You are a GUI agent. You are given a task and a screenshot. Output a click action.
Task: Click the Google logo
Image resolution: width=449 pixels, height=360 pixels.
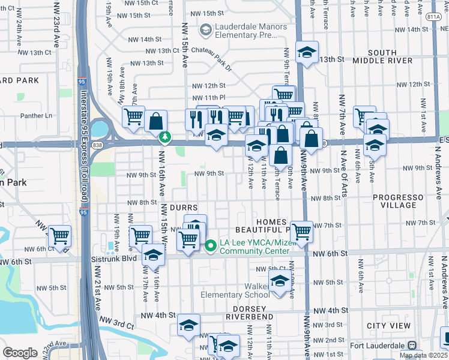click(x=20, y=353)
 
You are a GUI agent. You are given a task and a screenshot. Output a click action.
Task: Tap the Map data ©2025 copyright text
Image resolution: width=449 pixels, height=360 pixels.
click(x=423, y=355)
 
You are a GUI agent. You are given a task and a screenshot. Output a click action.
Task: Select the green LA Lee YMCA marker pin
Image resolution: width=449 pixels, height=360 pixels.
click(x=211, y=245)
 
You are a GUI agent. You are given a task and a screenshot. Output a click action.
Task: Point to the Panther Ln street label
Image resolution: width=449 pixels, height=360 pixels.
click(x=37, y=115)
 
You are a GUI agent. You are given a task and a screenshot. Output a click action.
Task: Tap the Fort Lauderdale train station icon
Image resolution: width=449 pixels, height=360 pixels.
click(x=412, y=346)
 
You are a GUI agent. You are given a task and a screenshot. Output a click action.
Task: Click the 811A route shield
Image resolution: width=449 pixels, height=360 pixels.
click(x=435, y=18)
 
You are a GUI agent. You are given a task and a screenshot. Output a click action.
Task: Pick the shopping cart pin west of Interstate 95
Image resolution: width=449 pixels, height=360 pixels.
click(x=59, y=236)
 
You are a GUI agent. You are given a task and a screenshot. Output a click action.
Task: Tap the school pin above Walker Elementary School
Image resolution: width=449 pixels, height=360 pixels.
click(x=279, y=280)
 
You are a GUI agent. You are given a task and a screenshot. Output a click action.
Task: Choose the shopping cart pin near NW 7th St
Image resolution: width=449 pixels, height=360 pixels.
click(x=301, y=231)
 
